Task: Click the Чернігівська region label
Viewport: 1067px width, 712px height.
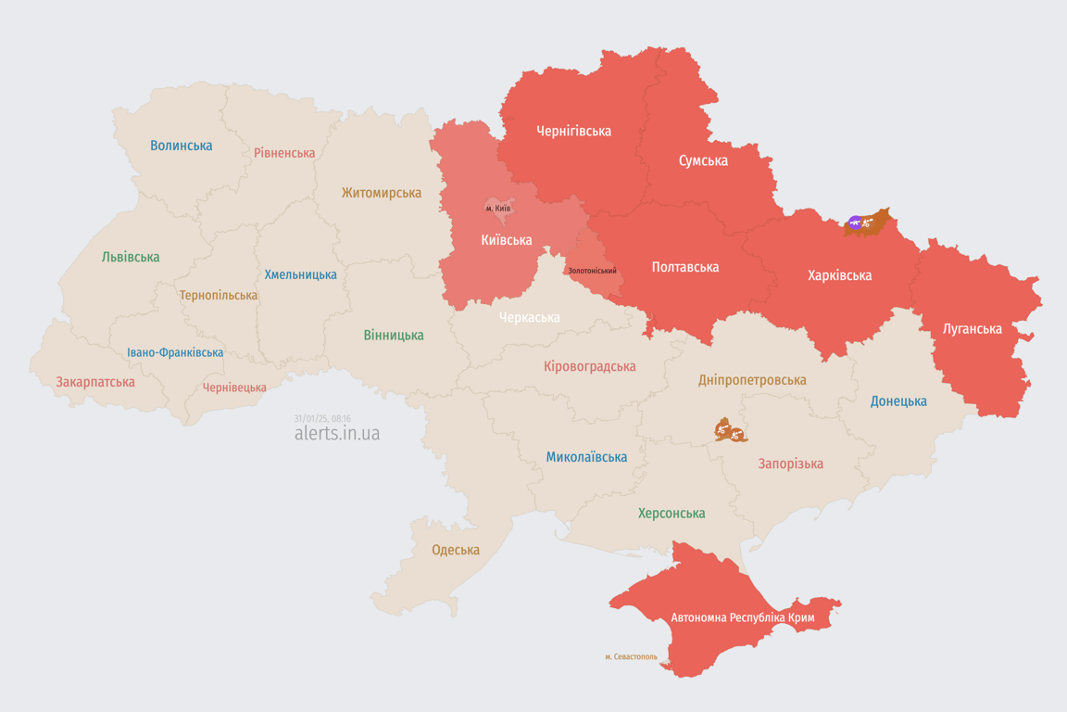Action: (x=573, y=131)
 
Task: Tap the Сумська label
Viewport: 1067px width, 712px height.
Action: (x=703, y=160)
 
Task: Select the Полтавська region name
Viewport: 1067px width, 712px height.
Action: (x=685, y=267)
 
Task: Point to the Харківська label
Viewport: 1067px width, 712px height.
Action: (x=839, y=275)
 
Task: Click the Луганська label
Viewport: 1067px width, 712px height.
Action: (x=972, y=328)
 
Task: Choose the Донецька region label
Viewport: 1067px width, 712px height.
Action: (x=898, y=401)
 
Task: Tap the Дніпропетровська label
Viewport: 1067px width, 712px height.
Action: (x=752, y=380)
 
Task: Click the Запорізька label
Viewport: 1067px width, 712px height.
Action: (x=790, y=464)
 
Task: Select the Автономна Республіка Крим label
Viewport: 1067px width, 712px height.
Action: (x=741, y=617)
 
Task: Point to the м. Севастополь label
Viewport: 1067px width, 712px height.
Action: (x=631, y=657)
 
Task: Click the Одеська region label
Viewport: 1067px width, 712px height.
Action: (x=456, y=550)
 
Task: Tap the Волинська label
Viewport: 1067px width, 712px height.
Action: (x=181, y=146)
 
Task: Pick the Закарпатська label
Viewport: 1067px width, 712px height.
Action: (x=95, y=382)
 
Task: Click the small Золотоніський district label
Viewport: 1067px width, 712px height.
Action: (x=592, y=271)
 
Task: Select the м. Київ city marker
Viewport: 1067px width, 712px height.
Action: (x=498, y=209)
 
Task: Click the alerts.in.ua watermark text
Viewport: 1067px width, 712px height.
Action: (x=336, y=433)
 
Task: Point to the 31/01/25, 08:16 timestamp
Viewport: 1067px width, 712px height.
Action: (x=322, y=418)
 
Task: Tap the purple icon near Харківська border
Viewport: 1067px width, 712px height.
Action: (x=855, y=222)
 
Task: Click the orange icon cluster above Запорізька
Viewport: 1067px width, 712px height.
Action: (x=730, y=430)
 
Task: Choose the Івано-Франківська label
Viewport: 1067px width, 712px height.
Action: (x=175, y=352)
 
